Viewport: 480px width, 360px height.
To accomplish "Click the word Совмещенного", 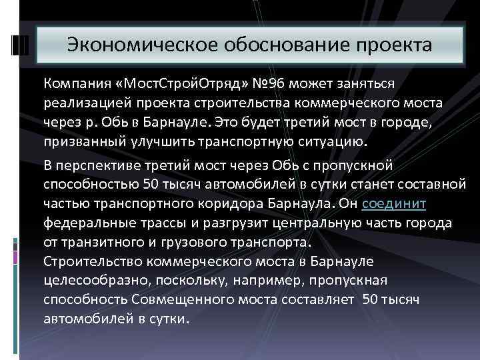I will click(x=181, y=299).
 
